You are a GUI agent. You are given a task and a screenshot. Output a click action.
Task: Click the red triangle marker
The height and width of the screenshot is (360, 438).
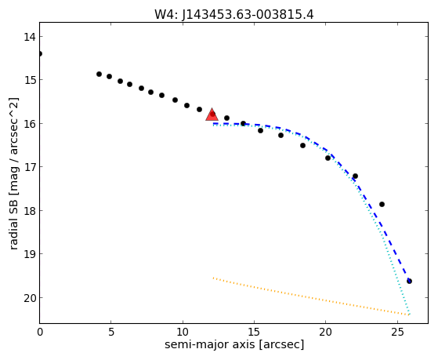tap(212, 115)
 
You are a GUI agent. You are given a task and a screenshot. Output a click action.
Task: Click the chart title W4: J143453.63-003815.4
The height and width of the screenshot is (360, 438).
tap(234, 15)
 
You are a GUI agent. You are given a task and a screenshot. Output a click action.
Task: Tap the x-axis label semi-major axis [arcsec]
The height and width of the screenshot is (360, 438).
tap(234, 344)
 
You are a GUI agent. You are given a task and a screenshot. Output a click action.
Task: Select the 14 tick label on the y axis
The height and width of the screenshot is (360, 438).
tap(30, 37)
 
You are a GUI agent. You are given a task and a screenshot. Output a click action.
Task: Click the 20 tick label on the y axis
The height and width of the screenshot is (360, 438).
tap(30, 298)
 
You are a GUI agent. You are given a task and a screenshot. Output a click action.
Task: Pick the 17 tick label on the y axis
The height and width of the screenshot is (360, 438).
tap(30, 167)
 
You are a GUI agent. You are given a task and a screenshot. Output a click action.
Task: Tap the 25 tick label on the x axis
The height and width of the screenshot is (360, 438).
tap(397, 333)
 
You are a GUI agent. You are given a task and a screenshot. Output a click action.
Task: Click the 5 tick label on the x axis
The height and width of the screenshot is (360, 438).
tap(111, 333)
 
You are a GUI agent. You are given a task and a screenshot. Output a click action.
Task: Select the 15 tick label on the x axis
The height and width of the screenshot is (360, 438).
tap(254, 333)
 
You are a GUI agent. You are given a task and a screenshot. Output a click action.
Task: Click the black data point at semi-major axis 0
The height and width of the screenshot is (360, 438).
tap(40, 53)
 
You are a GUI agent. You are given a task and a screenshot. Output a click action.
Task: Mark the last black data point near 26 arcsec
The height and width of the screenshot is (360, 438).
tap(409, 281)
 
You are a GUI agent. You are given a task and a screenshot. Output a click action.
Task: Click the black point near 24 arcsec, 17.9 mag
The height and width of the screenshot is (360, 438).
tap(382, 205)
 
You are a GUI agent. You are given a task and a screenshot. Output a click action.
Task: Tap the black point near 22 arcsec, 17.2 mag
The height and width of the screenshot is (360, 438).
tap(355, 176)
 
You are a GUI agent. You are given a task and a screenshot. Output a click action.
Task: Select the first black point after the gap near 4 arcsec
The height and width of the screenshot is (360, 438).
tap(99, 75)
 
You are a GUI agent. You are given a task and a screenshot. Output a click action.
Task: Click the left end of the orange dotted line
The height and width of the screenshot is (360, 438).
tap(213, 278)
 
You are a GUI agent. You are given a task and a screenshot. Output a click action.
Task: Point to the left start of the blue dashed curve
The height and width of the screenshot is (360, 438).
tap(213, 123)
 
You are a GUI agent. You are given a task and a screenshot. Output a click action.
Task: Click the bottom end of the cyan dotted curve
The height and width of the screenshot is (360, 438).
tap(409, 315)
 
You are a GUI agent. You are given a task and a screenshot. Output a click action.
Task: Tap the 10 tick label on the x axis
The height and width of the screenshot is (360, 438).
tap(183, 333)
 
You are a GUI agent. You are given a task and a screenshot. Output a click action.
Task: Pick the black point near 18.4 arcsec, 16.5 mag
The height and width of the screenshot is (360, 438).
tap(302, 145)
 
